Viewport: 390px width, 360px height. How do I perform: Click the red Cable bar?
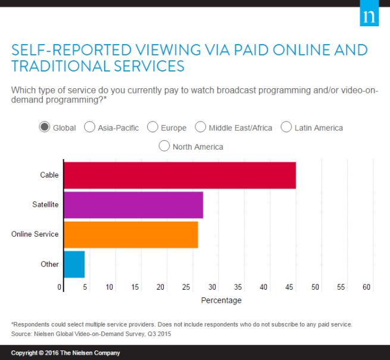point(179,175)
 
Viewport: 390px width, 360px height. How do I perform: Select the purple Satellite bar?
point(133,205)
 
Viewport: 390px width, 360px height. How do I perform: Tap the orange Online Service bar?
point(130,235)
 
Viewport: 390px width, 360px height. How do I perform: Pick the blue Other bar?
point(74,264)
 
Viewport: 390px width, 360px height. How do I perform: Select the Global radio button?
point(44,127)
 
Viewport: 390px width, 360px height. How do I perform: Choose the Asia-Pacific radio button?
point(90,127)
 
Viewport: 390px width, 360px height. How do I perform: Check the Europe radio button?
point(152,127)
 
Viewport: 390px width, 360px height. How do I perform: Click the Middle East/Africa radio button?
point(201,127)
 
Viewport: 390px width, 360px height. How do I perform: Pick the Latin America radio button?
point(286,127)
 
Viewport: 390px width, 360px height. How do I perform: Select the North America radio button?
point(164,146)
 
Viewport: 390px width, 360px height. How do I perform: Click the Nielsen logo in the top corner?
point(369,16)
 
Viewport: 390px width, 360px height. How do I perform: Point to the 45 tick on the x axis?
point(290,287)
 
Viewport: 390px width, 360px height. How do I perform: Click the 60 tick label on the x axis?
point(367,287)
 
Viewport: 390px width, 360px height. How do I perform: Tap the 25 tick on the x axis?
point(186,287)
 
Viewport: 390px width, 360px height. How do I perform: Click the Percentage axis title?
point(221,300)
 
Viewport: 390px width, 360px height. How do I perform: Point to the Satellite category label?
point(45,205)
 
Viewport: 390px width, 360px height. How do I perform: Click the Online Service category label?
point(35,234)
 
